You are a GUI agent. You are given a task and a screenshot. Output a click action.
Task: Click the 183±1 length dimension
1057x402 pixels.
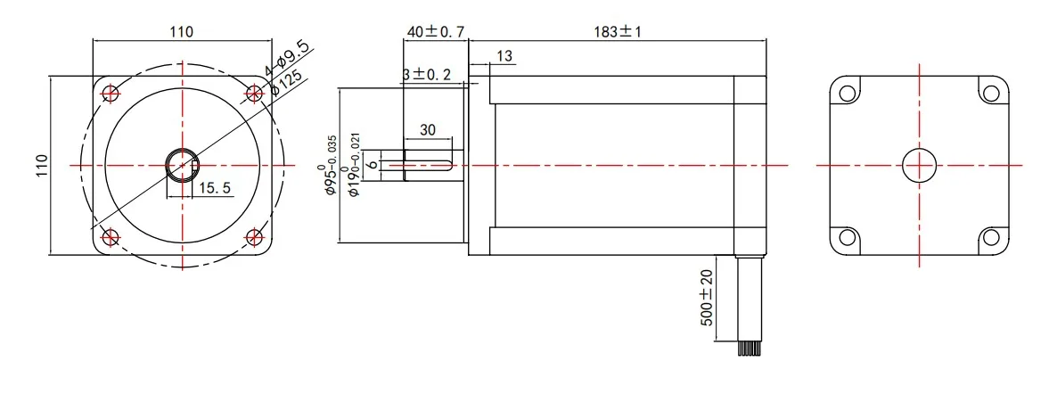[618, 31]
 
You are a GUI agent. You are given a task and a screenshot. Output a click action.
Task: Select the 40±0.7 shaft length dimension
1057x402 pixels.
[435, 31]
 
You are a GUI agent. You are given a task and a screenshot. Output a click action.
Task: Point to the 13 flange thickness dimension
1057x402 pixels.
[504, 56]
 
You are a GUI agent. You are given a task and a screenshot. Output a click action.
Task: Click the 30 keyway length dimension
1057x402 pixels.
[427, 130]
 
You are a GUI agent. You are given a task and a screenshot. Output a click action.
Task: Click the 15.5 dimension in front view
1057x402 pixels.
[215, 188]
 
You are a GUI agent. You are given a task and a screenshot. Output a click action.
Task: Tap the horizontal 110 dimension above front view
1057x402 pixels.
[182, 31]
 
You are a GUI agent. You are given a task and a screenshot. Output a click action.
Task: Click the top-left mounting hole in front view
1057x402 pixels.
[111, 93]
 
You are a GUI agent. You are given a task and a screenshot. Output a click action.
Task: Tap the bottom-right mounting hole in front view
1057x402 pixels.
[255, 237]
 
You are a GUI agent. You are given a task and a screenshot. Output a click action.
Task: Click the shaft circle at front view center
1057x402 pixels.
[183, 165]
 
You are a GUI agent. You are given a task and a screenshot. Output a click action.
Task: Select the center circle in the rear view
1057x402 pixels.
[919, 165]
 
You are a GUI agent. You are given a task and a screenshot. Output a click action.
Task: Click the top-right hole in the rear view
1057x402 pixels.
[990, 93]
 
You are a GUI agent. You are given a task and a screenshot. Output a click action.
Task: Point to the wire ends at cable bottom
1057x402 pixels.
[749, 349]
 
